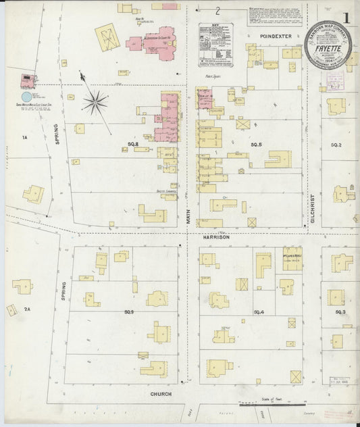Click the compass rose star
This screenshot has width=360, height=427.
(95, 103)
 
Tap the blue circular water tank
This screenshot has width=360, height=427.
(26, 97)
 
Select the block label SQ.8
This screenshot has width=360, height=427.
(133, 145)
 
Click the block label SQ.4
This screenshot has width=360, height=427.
(258, 311)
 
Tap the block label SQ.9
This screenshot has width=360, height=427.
(129, 311)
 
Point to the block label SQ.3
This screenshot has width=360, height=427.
(340, 311)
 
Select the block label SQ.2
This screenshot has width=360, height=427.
(336, 145)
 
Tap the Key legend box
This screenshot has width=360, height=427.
(215, 45)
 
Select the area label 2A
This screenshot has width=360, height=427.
(27, 309)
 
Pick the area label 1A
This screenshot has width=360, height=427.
(25, 138)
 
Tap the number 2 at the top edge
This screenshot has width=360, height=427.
(218, 11)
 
